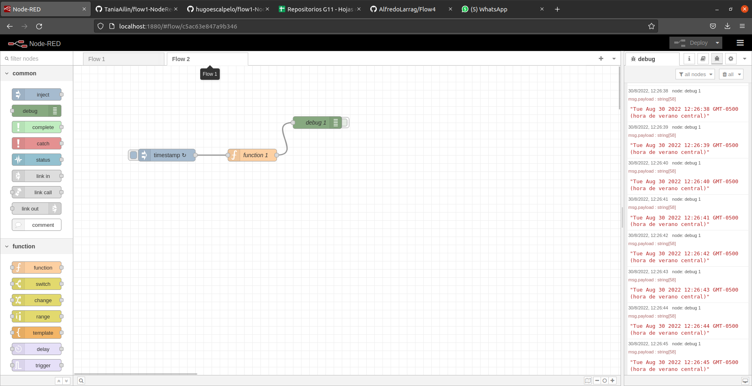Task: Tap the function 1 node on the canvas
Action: [255, 155]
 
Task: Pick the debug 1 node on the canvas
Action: [315, 123]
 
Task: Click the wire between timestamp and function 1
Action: [212, 155]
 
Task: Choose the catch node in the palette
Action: [42, 143]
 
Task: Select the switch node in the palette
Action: [42, 284]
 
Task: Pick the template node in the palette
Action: [42, 333]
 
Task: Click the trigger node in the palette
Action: [42, 365]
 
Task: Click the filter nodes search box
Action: [39, 59]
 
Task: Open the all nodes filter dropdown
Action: [695, 74]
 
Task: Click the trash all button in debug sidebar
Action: [731, 74]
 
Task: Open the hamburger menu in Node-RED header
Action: [740, 43]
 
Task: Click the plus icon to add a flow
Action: [601, 59]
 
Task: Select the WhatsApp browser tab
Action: [488, 9]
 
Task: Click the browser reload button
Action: [39, 26]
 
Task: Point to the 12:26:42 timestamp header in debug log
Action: [648, 235]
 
